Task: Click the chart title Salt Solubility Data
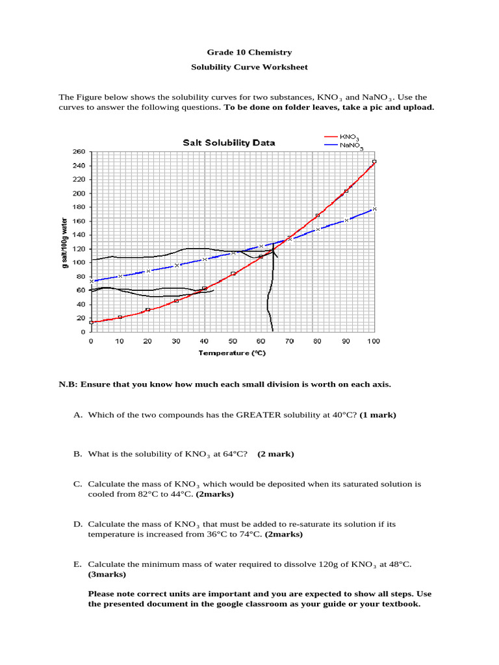pyautogui.click(x=228, y=143)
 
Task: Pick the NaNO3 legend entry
pyautogui.click(x=350, y=146)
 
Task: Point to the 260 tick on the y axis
pyautogui.click(x=79, y=152)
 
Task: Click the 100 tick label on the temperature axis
pyautogui.click(x=373, y=341)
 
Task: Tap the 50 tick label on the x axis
pyautogui.click(x=232, y=341)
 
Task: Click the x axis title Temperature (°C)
pyautogui.click(x=233, y=353)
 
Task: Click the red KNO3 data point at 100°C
pyautogui.click(x=374, y=162)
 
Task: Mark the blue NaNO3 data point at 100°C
pyautogui.click(x=374, y=209)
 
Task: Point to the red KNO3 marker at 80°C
pyautogui.click(x=318, y=216)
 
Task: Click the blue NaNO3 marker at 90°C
pyautogui.click(x=346, y=220)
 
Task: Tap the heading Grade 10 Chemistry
pyautogui.click(x=249, y=53)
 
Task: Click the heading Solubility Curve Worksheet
pyautogui.click(x=249, y=67)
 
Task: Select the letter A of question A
pyautogui.click(x=77, y=414)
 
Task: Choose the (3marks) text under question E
pyautogui.click(x=107, y=574)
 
